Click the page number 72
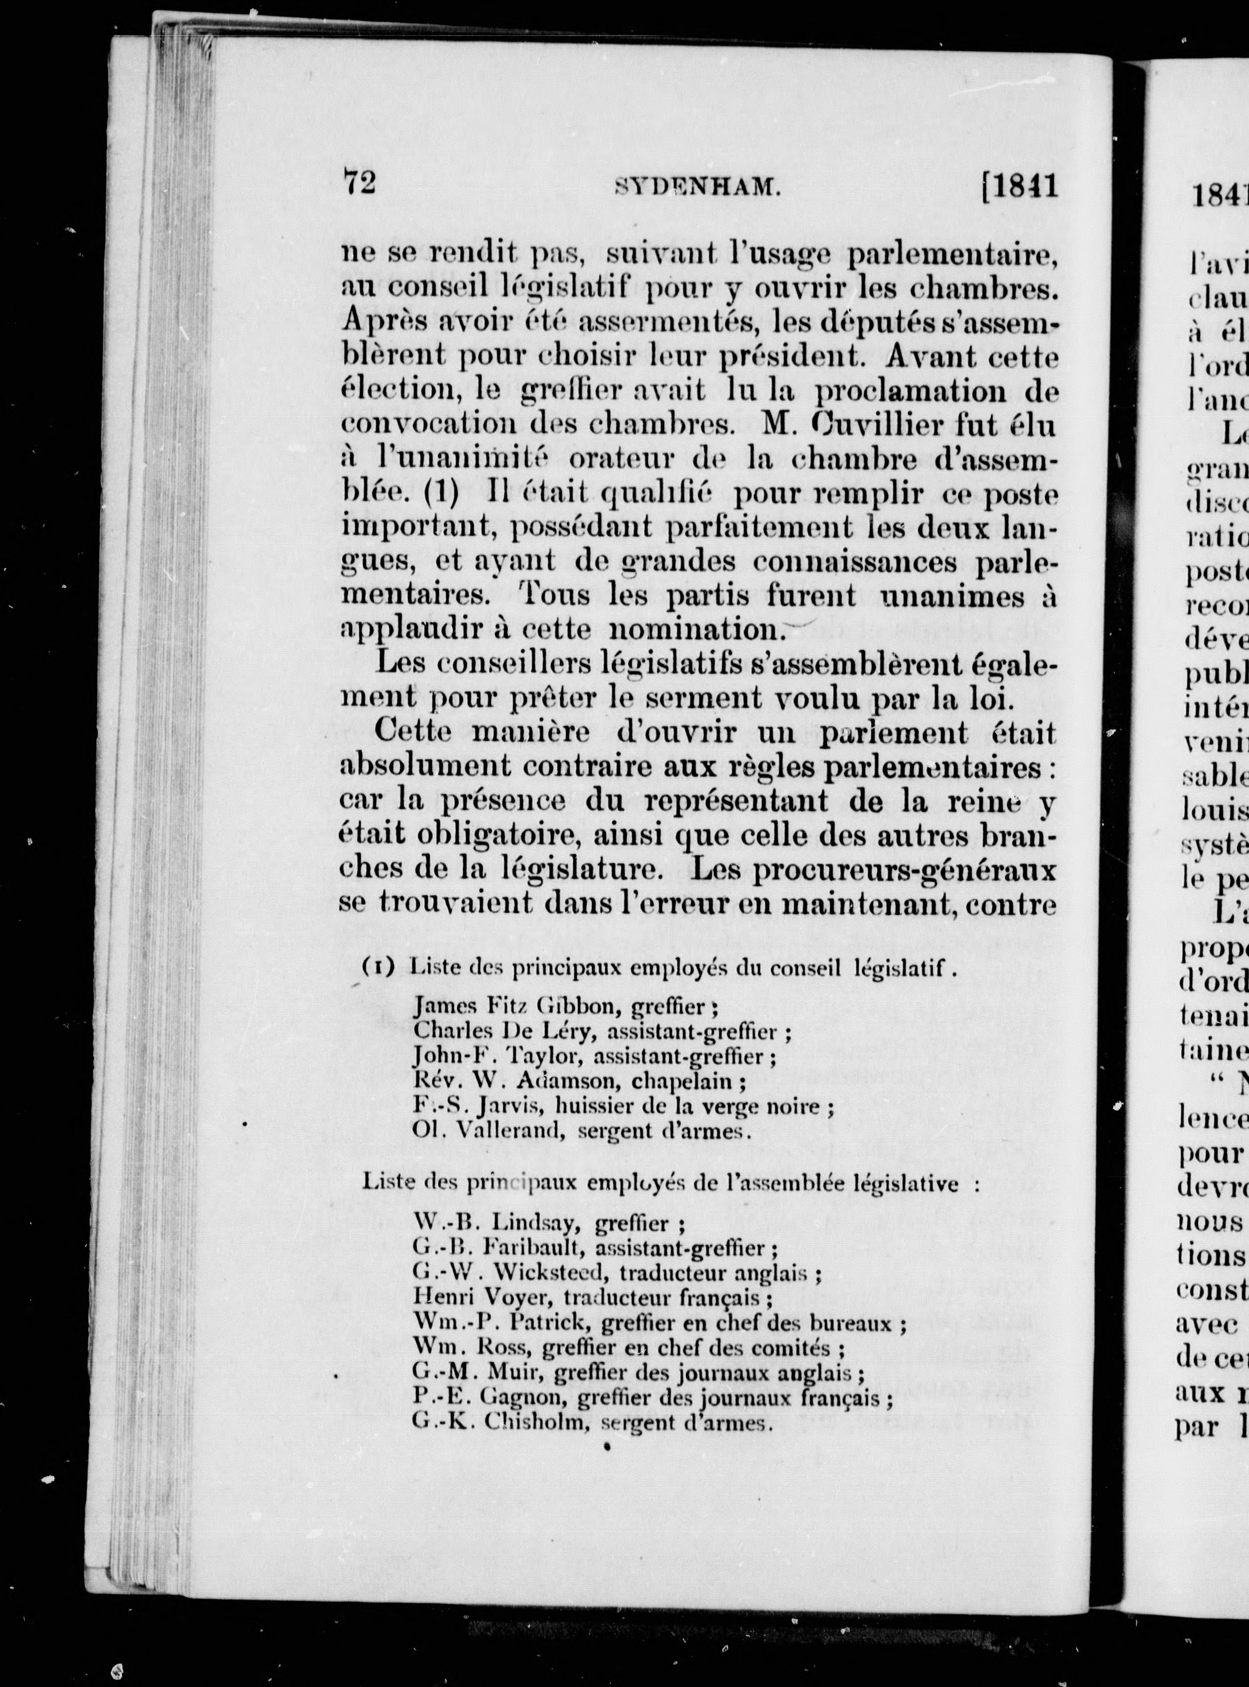360,183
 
